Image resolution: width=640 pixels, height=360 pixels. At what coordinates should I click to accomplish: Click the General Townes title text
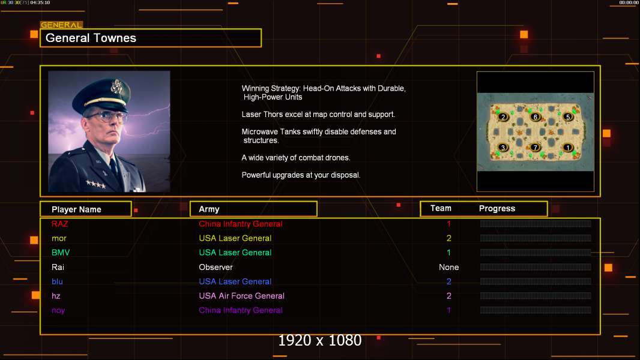[91, 38]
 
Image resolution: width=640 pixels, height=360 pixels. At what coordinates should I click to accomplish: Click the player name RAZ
[60, 224]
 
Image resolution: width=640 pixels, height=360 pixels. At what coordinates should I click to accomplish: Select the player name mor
[59, 238]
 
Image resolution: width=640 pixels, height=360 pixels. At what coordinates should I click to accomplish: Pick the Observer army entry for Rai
[216, 267]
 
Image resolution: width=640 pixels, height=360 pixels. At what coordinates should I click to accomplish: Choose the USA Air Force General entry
[241, 296]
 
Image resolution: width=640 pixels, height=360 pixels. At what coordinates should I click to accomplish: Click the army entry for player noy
[240, 310]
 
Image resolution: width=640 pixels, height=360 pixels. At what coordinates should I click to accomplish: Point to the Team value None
[448, 267]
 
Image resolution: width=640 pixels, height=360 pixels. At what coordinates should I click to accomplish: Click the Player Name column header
[76, 209]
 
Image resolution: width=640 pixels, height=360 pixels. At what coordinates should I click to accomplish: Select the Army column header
[209, 209]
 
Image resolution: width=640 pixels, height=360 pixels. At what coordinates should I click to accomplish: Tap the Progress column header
[497, 209]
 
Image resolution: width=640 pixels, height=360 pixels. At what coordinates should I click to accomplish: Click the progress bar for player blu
[536, 281]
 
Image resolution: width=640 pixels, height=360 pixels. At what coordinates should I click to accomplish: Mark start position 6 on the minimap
[536, 117]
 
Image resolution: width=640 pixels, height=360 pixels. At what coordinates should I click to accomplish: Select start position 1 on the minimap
[568, 148]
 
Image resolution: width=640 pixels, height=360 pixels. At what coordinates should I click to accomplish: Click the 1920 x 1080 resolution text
[319, 341]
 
